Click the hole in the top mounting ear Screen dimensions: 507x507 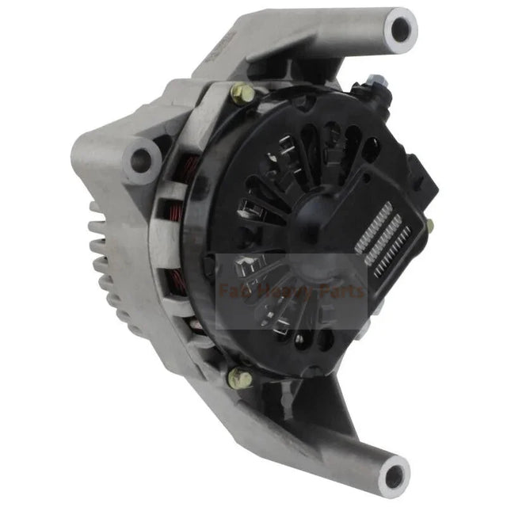pyautogui.click(x=401, y=29)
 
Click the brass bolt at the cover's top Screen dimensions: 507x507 pyautogui.click(x=242, y=94)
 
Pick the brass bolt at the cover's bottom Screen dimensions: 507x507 pyautogui.click(x=238, y=379)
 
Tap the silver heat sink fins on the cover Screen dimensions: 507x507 pyautogui.click(x=383, y=238)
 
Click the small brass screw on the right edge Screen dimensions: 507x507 pyautogui.click(x=429, y=226)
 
